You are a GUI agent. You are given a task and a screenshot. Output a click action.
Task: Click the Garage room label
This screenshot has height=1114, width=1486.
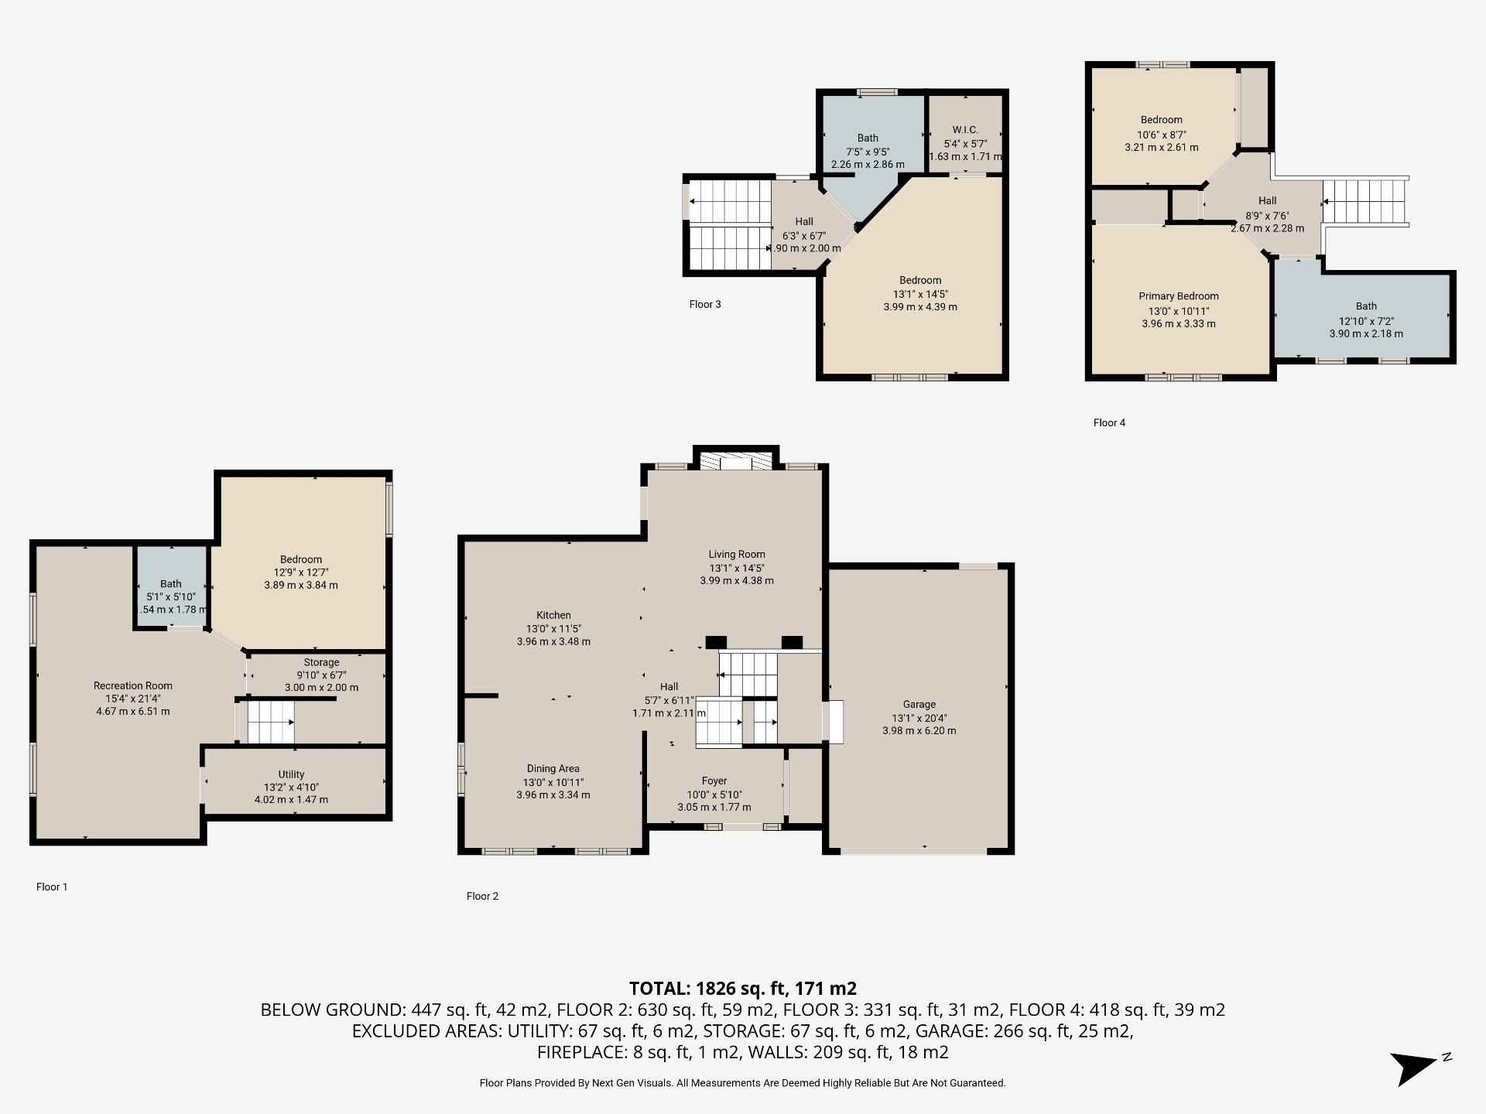[x=919, y=704]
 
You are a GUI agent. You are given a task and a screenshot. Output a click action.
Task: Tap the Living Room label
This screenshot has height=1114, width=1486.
[x=736, y=554]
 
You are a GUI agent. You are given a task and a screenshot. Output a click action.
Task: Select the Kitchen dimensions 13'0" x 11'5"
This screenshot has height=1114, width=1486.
[x=553, y=628]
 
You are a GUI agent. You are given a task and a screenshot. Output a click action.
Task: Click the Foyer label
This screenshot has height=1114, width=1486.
[x=714, y=781]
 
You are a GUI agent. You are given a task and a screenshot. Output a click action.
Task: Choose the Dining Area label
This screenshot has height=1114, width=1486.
[x=553, y=768]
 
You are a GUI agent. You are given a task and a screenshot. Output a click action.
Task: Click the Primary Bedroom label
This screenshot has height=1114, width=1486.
[x=1178, y=296]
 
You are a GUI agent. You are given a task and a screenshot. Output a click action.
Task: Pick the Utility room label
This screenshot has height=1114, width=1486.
[x=291, y=774]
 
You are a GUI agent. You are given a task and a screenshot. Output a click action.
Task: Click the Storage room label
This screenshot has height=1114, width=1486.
[x=321, y=662]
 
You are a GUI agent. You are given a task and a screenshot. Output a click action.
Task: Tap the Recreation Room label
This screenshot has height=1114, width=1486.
[x=133, y=685]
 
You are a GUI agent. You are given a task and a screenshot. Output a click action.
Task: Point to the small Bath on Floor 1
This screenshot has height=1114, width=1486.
[x=171, y=592]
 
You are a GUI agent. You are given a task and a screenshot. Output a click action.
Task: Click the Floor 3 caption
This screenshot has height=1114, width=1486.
[x=704, y=304]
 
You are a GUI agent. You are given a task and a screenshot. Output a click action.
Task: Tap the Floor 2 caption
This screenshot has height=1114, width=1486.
[x=482, y=896]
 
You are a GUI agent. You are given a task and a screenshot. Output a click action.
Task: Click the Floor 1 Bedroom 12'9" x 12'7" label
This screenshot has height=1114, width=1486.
[x=300, y=559]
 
